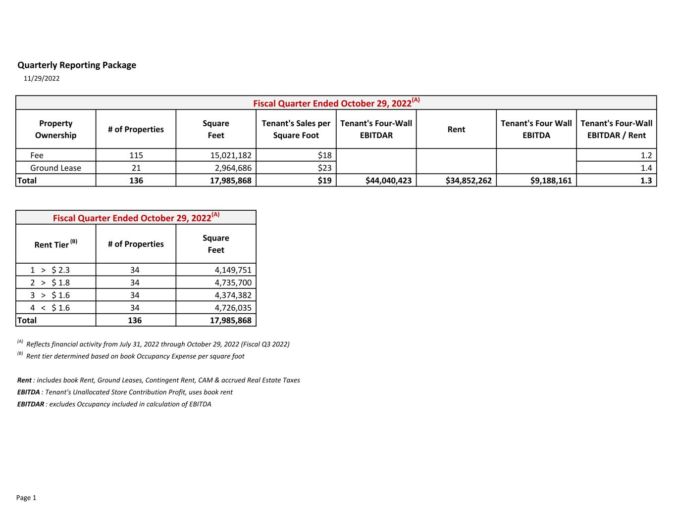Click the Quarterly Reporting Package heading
point(77,65)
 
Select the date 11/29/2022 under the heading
point(42,78)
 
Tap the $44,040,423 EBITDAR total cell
point(388,181)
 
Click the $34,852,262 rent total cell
point(468,181)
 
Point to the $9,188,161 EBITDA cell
point(551,181)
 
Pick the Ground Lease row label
point(55,168)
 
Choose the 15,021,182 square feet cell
point(231,155)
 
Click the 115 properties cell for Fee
point(136,155)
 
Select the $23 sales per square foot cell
point(324,168)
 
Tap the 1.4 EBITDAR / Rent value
point(646,168)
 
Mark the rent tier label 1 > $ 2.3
point(50,270)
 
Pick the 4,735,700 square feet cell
point(233,283)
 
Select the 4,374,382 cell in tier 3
point(233,295)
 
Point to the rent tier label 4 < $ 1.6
point(50,308)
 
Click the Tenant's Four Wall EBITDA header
point(536,129)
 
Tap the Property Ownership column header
point(55,129)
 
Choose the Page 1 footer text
point(26,498)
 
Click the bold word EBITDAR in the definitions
point(30,404)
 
